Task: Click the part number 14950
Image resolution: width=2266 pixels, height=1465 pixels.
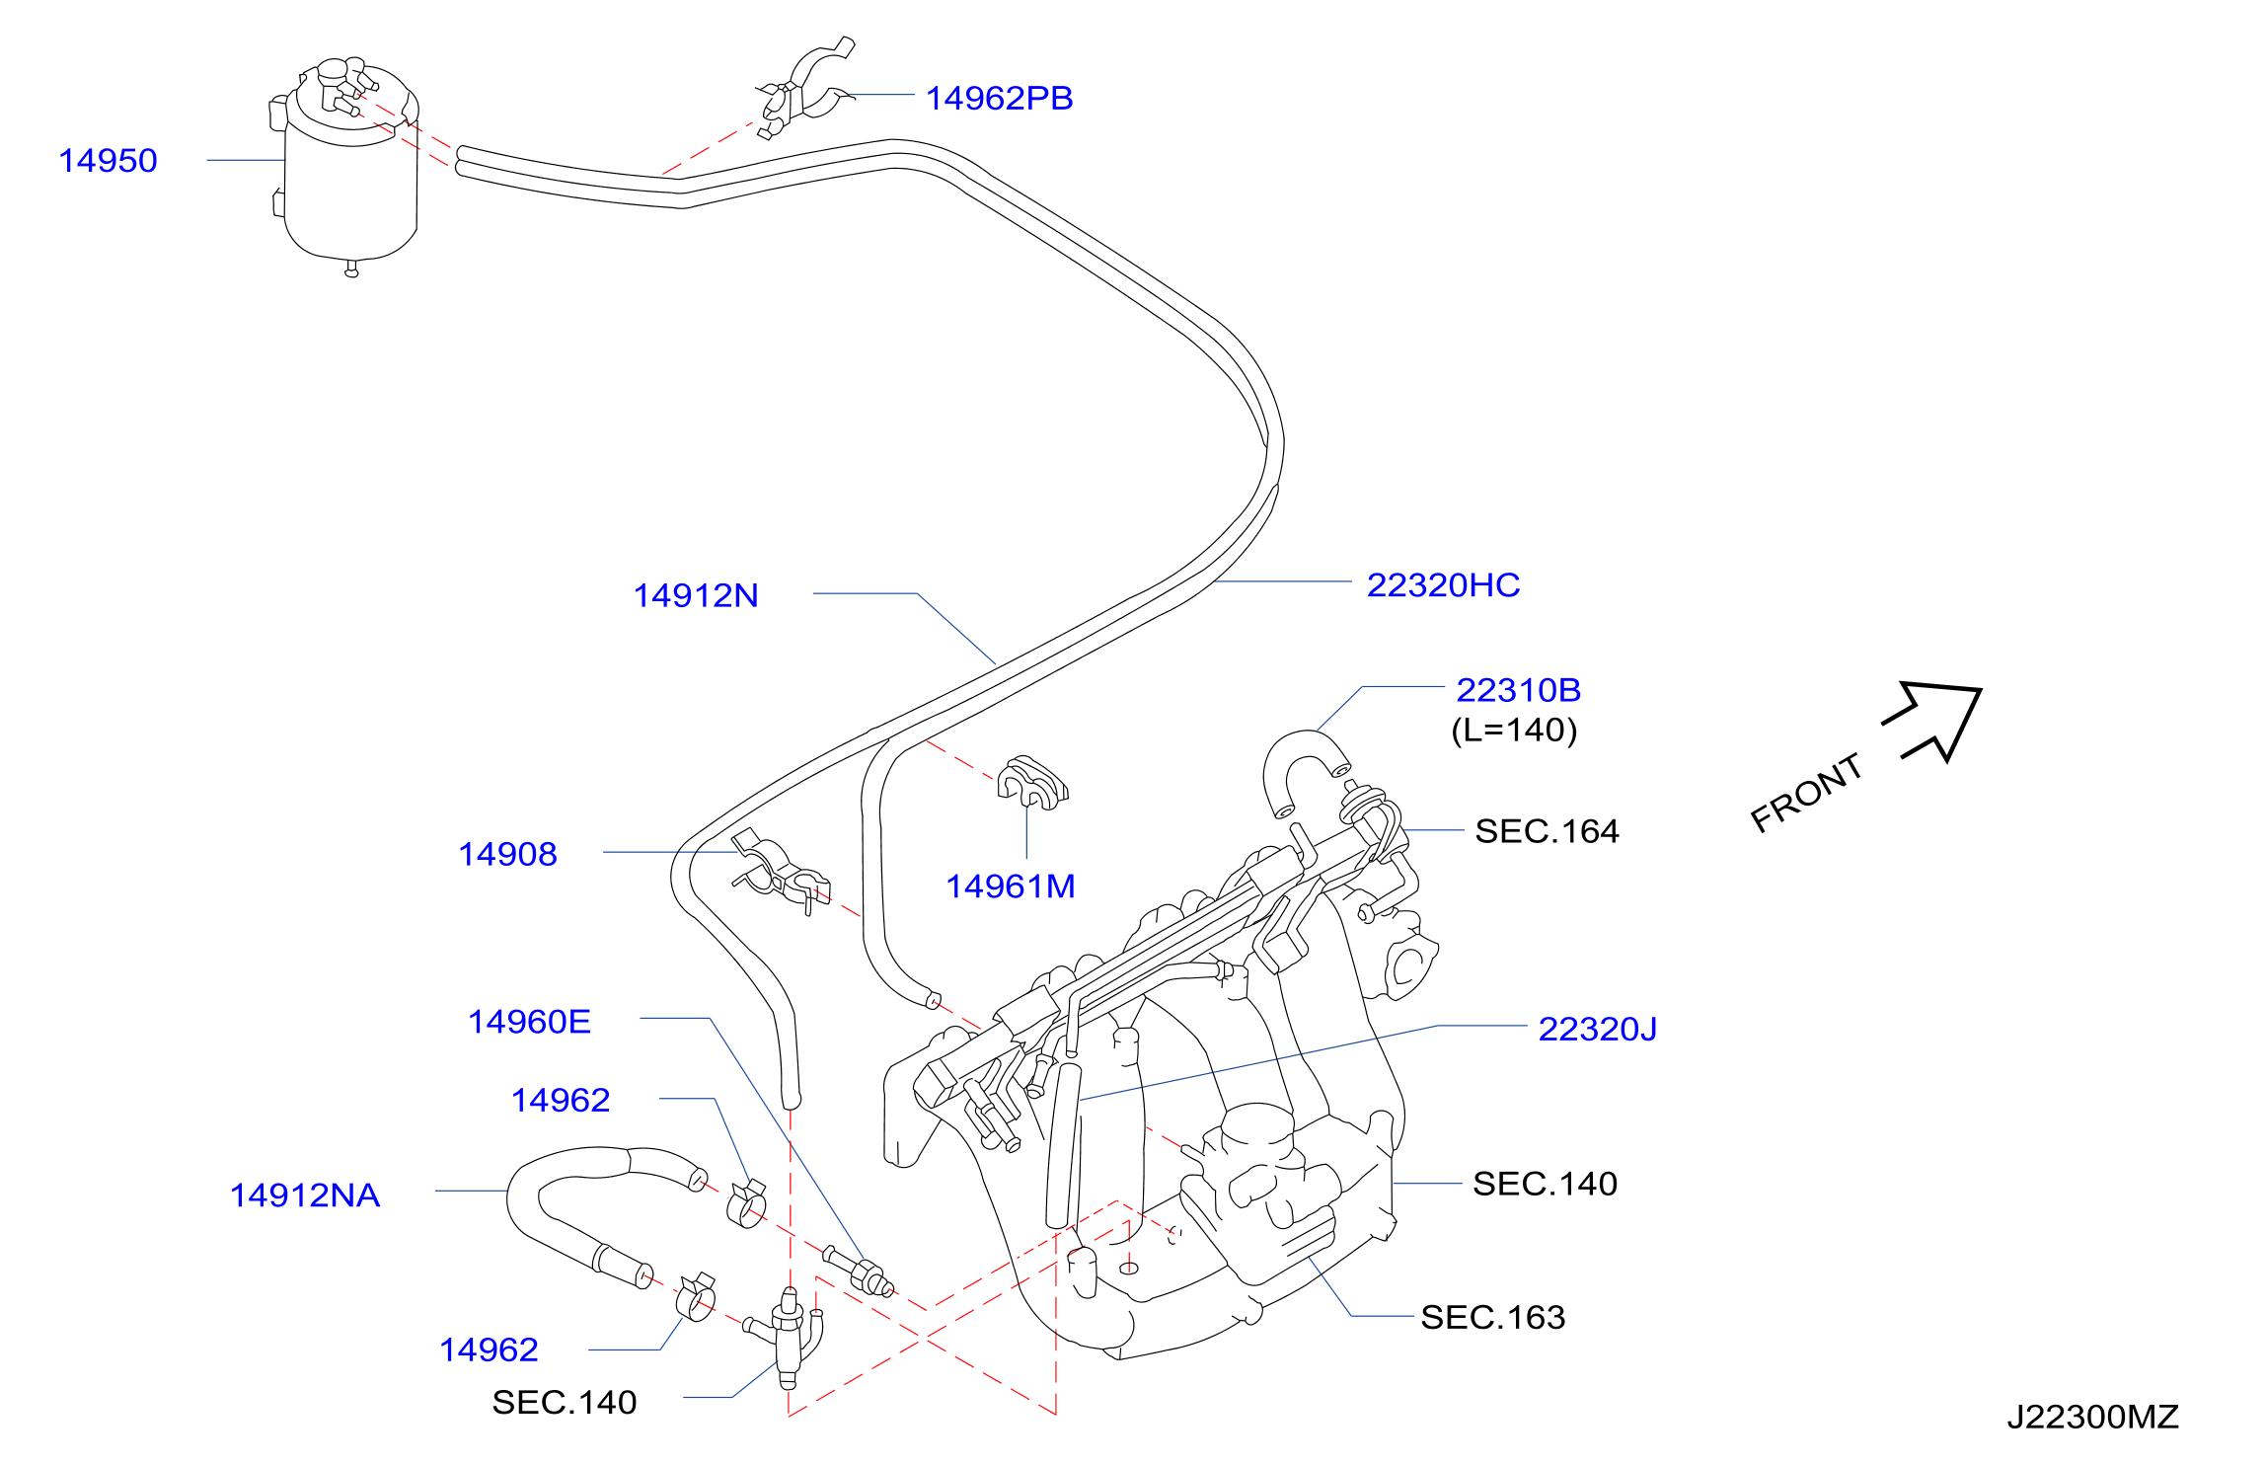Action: [108, 161]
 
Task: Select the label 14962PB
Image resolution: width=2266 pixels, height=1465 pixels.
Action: [999, 99]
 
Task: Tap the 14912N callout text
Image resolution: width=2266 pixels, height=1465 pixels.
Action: [696, 596]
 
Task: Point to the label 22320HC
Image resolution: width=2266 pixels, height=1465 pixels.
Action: [1443, 585]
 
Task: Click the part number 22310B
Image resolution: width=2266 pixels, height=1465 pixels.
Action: [1518, 690]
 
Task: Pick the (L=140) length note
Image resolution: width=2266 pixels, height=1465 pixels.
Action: [1514, 731]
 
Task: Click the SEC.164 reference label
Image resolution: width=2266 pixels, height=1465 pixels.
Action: [1547, 831]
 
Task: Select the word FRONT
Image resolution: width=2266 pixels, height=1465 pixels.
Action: [1806, 793]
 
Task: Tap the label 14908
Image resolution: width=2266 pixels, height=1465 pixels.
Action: [507, 855]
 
